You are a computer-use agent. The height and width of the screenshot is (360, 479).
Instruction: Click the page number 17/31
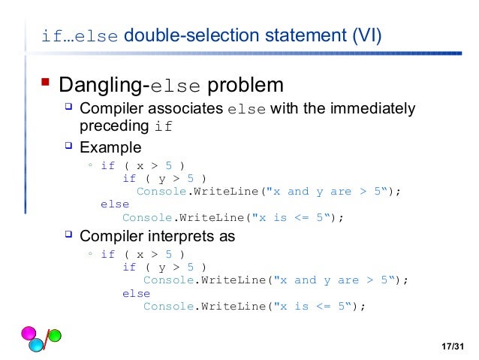tap(453, 346)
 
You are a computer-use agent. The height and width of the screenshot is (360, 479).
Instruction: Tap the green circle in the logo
tap(55, 335)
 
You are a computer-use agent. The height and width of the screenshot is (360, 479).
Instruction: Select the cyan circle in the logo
tap(36, 346)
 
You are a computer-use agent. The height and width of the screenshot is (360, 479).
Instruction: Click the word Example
tap(110, 147)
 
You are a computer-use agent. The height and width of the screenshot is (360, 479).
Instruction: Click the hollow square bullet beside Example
tap(68, 145)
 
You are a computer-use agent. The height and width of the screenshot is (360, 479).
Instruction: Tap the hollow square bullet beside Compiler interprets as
tap(68, 234)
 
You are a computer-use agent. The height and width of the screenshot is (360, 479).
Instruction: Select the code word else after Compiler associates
tap(246, 110)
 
